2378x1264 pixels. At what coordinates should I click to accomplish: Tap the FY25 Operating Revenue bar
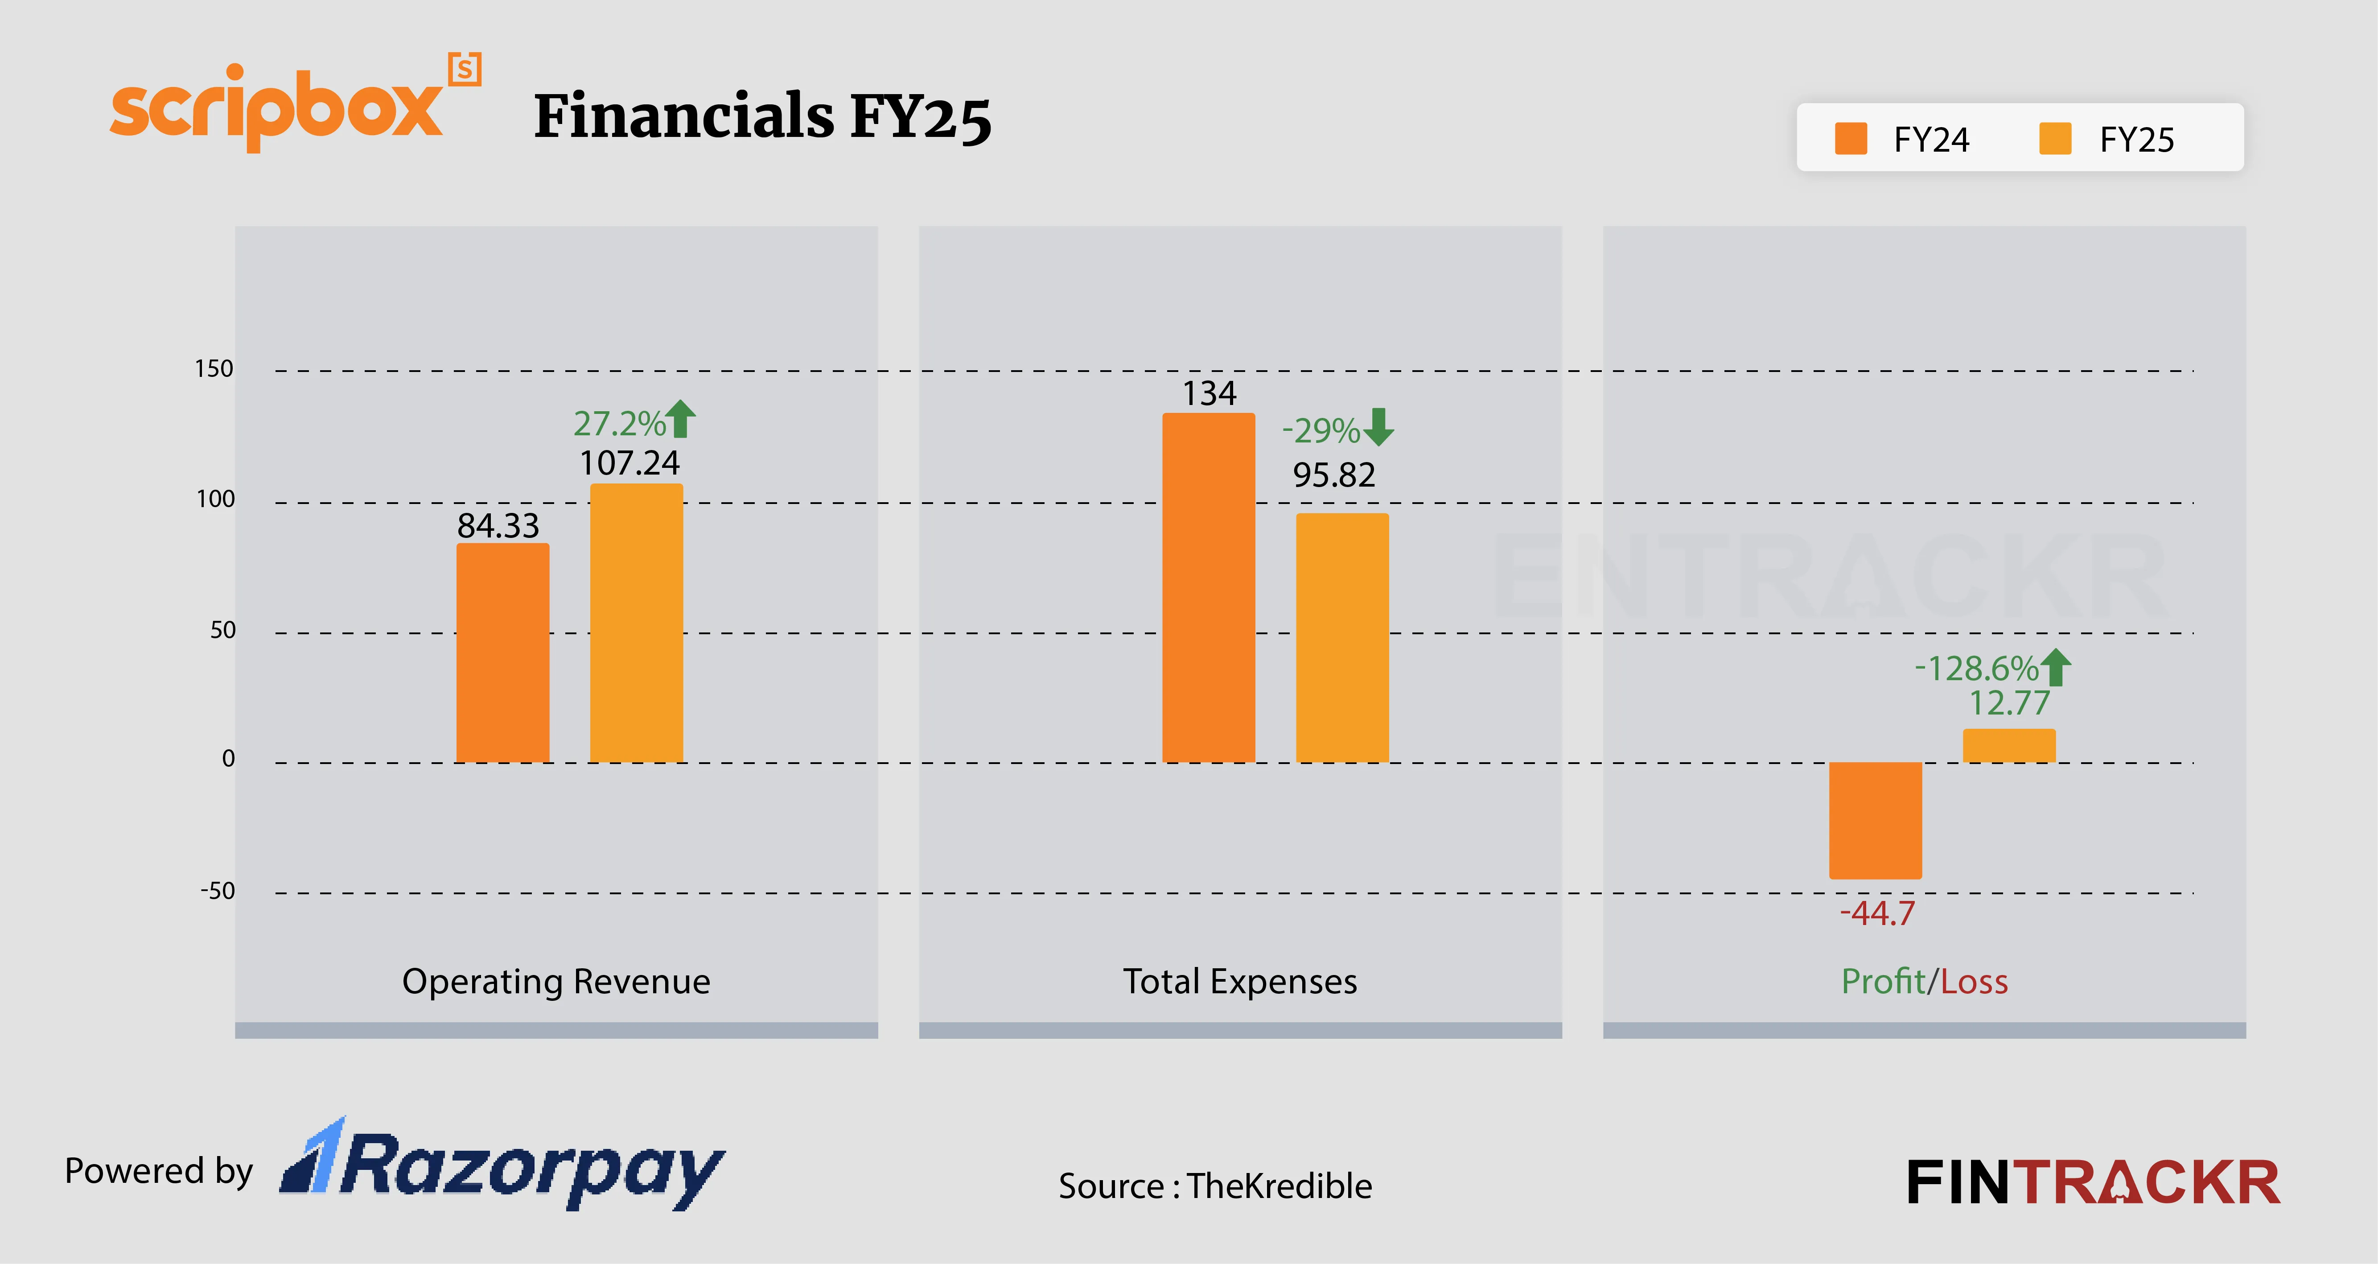636,623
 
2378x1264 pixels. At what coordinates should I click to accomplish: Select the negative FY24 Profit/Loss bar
1875,820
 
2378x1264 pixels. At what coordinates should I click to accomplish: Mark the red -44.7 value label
1877,913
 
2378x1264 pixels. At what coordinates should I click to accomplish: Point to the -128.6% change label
1975,668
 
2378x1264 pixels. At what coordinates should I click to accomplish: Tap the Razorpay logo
503,1165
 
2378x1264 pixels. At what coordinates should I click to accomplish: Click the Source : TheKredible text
1215,1186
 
